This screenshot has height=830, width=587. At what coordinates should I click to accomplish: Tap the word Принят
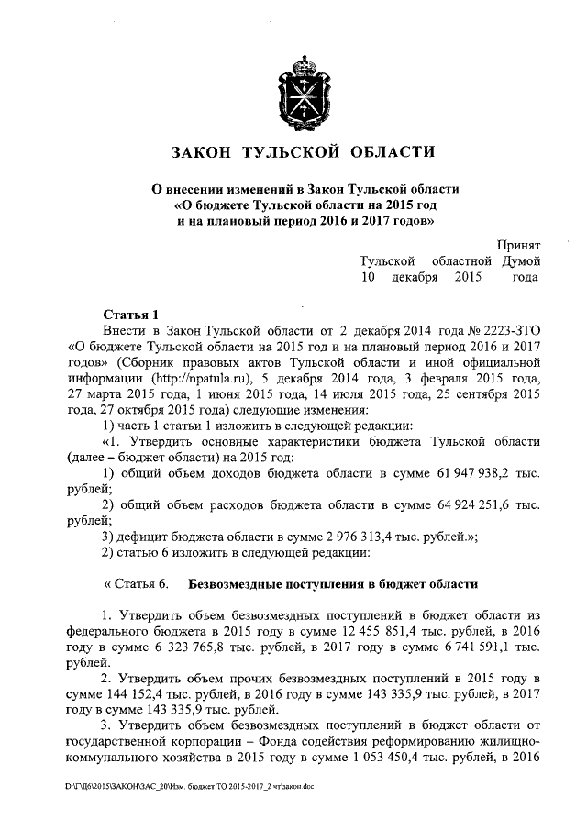point(518,245)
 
